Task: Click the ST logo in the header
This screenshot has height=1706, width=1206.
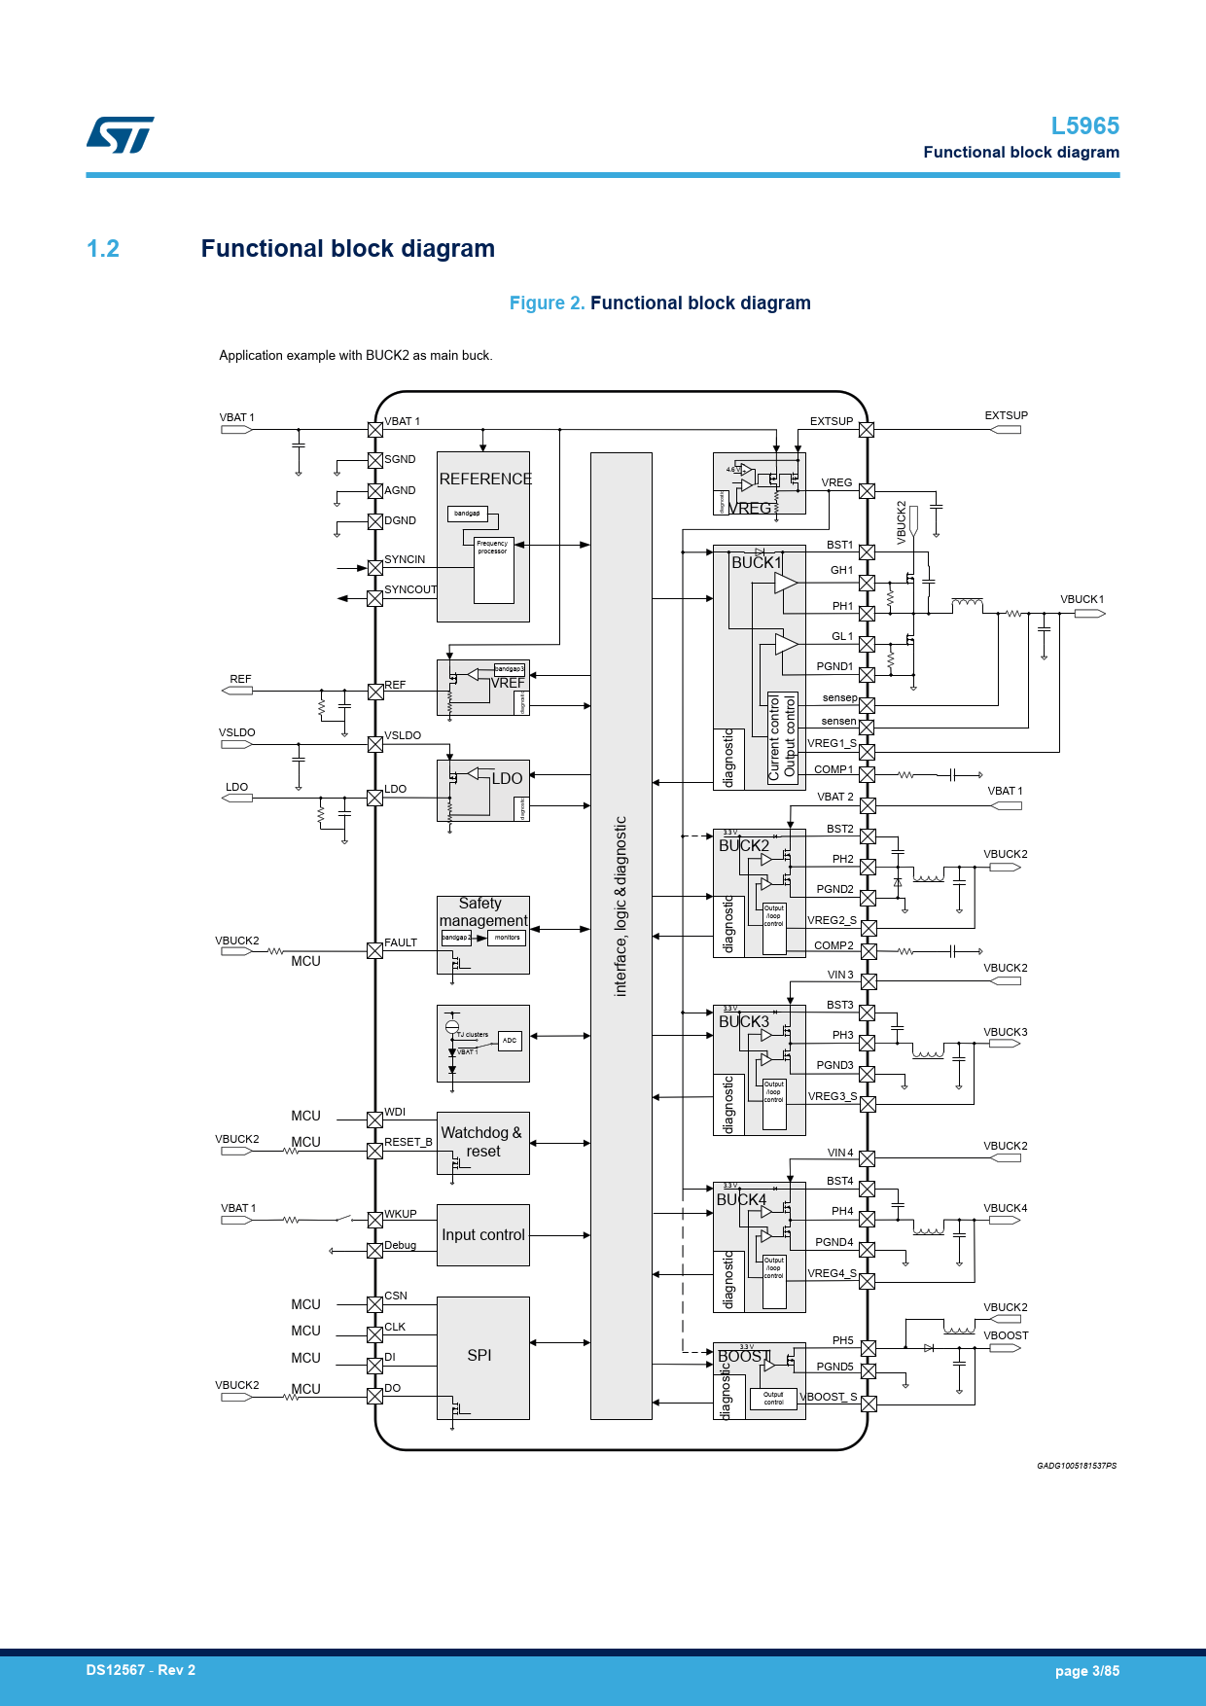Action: pyautogui.click(x=120, y=135)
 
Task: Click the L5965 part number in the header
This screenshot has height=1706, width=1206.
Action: pyautogui.click(x=1084, y=126)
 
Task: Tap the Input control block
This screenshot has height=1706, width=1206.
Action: pyautogui.click(x=482, y=1235)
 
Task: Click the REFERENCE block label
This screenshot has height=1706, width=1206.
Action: pyautogui.click(x=485, y=480)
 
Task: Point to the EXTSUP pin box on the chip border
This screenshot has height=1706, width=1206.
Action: pyautogui.click(x=867, y=430)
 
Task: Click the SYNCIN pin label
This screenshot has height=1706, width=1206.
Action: pyautogui.click(x=405, y=559)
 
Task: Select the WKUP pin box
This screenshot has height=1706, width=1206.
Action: pyautogui.click(x=374, y=1220)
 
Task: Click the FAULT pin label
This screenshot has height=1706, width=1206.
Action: pyautogui.click(x=401, y=942)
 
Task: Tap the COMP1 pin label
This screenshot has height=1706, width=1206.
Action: pyautogui.click(x=834, y=769)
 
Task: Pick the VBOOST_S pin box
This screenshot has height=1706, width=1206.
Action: pyautogui.click(x=869, y=1404)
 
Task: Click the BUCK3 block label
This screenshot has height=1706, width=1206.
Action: pyautogui.click(x=744, y=1022)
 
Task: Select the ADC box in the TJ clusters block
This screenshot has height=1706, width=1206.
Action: pyautogui.click(x=510, y=1041)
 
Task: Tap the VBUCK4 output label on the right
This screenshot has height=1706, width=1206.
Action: pyautogui.click(x=1005, y=1208)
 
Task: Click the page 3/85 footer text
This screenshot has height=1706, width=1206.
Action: pyautogui.click(x=1086, y=1671)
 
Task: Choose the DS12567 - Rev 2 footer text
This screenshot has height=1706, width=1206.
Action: pyautogui.click(x=141, y=1670)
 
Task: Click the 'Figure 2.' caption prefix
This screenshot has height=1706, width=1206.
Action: pyautogui.click(x=547, y=303)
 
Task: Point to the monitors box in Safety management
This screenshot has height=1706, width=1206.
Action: pyautogui.click(x=507, y=938)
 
